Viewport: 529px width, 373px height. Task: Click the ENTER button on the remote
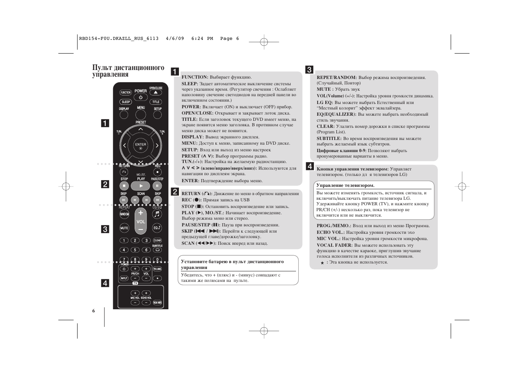141,145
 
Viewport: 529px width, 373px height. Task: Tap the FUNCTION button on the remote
126,93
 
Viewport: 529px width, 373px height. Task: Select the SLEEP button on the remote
126,102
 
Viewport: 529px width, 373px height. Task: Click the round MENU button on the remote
141,115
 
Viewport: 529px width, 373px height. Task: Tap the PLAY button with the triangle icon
141,186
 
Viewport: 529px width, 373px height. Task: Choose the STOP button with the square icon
124,186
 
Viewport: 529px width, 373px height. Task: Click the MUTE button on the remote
124,228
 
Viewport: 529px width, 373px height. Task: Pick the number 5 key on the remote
135,250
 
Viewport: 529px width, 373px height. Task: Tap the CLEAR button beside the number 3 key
157,240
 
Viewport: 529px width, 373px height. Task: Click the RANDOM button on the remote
124,214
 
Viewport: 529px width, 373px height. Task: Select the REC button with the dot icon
157,172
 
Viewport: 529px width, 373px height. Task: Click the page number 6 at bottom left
94,311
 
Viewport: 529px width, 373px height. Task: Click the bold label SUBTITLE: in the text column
329,138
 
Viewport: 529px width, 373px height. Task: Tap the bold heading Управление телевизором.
345,185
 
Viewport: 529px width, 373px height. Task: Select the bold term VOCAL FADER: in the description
334,245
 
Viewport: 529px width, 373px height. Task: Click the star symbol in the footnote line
322,263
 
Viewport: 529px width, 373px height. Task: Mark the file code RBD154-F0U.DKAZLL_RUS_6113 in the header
119,38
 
